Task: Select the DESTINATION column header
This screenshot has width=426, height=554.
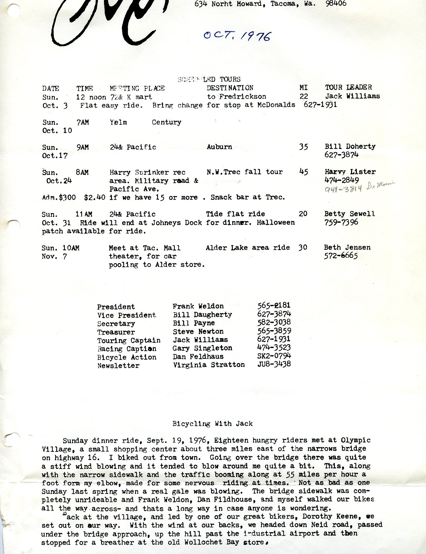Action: click(230, 88)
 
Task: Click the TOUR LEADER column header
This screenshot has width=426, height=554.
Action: click(348, 87)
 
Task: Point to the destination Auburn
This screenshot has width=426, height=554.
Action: click(219, 147)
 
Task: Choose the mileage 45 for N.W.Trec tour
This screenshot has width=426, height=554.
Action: click(303, 172)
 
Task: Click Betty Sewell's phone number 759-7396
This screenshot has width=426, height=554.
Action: click(341, 222)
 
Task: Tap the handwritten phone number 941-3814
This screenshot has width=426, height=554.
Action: click(343, 188)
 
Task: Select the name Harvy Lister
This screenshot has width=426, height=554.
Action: click(350, 172)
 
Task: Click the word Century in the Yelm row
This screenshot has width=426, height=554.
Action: click(166, 122)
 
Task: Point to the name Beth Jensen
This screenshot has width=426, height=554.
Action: click(347, 247)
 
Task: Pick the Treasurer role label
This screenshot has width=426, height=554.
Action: click(116, 332)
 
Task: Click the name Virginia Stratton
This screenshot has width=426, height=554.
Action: click(209, 365)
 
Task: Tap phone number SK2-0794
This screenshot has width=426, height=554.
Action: click(274, 356)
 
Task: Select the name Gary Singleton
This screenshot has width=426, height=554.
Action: click(202, 348)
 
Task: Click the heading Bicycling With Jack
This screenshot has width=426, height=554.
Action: click(212, 424)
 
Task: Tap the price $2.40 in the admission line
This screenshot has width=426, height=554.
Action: click(95, 197)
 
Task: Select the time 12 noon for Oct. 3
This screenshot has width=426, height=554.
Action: click(91, 97)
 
